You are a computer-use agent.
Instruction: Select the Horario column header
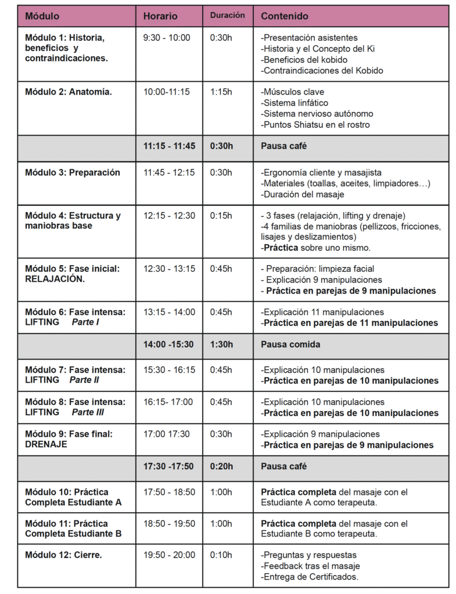pos(160,16)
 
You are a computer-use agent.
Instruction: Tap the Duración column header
pos(227,16)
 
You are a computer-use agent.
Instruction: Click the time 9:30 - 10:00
pos(167,38)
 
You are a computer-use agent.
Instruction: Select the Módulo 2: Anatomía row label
pos(69,92)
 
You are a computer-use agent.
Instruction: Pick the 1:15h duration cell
pos(221,92)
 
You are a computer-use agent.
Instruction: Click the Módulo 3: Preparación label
pos(73,172)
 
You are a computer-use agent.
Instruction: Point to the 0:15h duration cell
pos(221,216)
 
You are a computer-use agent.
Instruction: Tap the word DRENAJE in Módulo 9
pos(46,445)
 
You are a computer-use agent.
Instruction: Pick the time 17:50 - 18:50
pos(170,492)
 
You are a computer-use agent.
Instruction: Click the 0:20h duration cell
pos(222,466)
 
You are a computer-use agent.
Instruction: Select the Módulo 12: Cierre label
pos(63,555)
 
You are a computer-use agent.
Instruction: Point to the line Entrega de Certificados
pos(310,577)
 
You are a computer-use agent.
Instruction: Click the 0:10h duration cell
pos(221,555)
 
